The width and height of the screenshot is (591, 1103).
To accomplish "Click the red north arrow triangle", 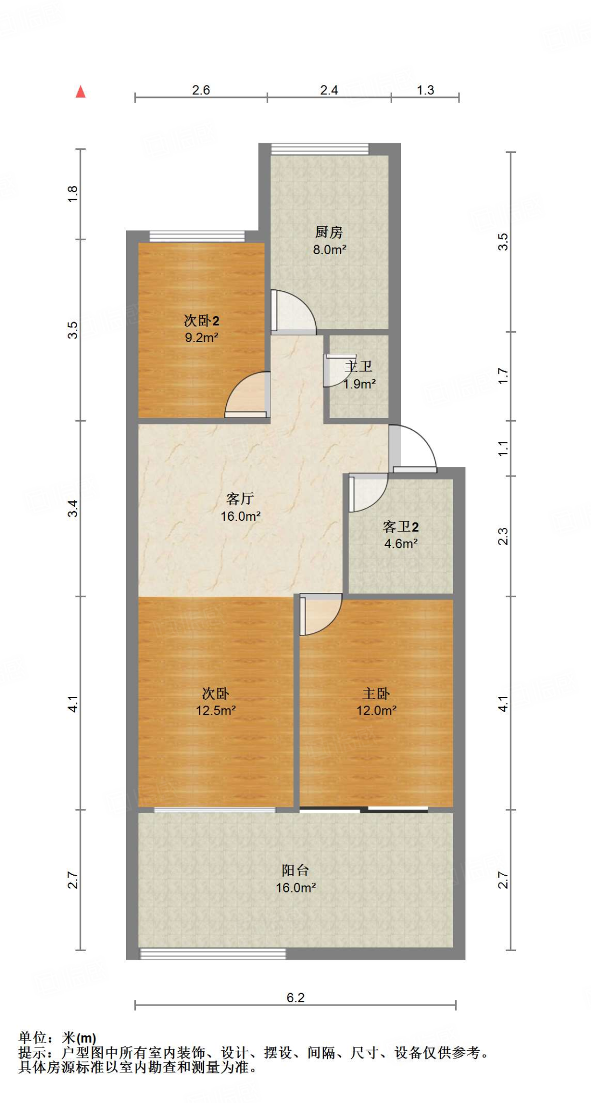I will click(x=80, y=92).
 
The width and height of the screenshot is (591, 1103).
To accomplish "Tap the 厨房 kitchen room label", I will click(x=329, y=232).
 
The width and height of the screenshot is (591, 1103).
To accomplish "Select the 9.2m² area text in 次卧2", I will click(x=201, y=338).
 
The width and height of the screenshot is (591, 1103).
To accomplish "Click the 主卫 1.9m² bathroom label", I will click(x=359, y=375).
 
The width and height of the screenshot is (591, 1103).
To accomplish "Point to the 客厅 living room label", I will click(x=240, y=499).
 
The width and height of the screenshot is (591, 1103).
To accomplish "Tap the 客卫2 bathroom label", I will click(x=400, y=526).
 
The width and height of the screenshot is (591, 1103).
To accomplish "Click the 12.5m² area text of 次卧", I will click(x=215, y=710).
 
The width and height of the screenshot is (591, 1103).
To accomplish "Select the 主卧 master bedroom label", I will click(x=376, y=693).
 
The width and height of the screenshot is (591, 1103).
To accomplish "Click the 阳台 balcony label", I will click(x=295, y=870).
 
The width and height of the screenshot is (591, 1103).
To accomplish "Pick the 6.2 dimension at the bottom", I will click(x=295, y=997).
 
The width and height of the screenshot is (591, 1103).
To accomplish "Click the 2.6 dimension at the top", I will click(x=201, y=90).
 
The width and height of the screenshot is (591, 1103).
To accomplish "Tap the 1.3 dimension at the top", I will click(x=425, y=90).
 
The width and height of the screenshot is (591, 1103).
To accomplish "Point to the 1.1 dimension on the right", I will click(x=503, y=449).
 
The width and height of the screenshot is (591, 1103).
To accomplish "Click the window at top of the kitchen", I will click(x=319, y=149).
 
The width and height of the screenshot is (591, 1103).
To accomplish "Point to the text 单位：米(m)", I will click(x=57, y=1038).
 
